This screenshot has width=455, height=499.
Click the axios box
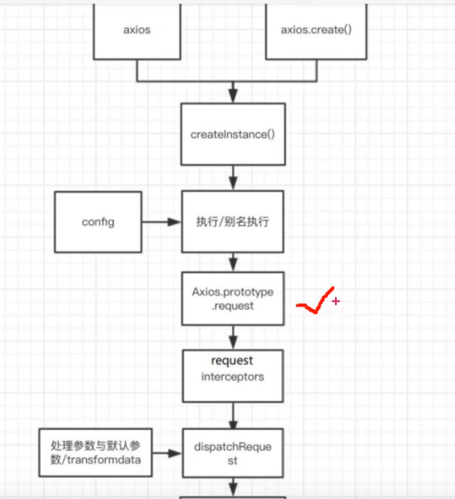click(x=136, y=30)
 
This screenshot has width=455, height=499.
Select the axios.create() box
click(x=315, y=30)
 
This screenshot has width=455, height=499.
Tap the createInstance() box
click(x=233, y=134)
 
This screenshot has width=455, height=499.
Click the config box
click(x=98, y=221)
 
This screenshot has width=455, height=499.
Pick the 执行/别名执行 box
click(x=233, y=221)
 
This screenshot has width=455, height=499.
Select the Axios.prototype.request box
click(x=233, y=299)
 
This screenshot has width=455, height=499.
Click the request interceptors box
click(x=233, y=375)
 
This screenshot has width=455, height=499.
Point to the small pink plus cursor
click(x=336, y=301)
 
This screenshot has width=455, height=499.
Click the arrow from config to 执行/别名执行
click(x=163, y=222)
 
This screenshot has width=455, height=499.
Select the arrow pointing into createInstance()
click(x=233, y=91)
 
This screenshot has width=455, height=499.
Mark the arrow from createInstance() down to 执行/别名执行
click(x=233, y=178)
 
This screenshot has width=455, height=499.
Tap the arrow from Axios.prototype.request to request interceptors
click(x=233, y=337)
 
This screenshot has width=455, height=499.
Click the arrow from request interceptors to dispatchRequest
click(x=233, y=414)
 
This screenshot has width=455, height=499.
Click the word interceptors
click(x=232, y=377)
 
